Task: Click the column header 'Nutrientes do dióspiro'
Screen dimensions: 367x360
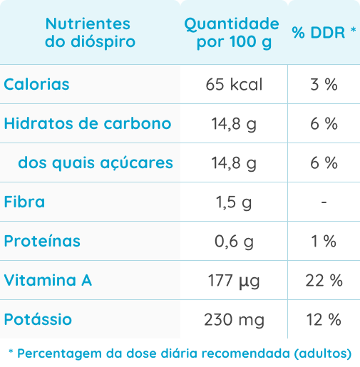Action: pos(90,33)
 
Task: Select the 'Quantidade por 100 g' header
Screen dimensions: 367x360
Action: pos(232,33)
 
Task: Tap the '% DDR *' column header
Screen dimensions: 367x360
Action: pos(324,33)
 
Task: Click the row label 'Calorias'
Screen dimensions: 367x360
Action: pos(37,85)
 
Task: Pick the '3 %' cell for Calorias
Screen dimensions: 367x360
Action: pos(324,85)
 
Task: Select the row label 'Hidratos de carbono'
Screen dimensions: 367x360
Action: pos(88,124)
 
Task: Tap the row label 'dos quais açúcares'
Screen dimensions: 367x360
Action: pos(96,163)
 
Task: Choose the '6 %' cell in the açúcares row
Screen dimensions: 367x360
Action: pos(324,163)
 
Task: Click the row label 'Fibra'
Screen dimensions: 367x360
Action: pos(24,202)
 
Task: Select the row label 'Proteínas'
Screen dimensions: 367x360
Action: pos(42,242)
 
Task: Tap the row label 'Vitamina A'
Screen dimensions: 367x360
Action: pos(48,281)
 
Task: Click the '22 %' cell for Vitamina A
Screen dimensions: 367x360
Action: pos(324,281)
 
